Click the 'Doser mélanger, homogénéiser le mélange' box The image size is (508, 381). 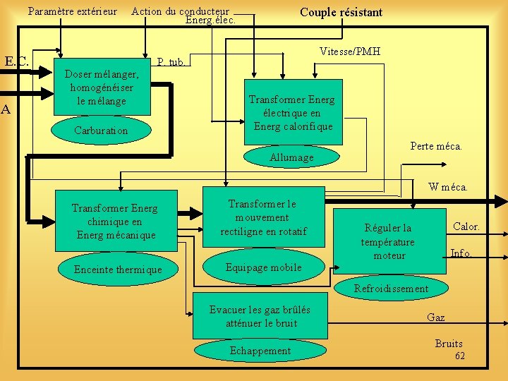pyautogui.click(x=102, y=86)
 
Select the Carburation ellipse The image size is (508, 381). pyautogui.click(x=102, y=131)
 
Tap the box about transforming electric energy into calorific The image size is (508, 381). pyautogui.click(x=291, y=113)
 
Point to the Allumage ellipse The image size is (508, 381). pyautogui.click(x=291, y=157)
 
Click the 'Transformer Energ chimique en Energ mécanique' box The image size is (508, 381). pyautogui.click(x=115, y=222)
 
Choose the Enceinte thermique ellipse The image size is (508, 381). pyautogui.click(x=118, y=270)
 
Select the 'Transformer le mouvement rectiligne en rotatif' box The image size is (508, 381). pyautogui.click(x=263, y=217)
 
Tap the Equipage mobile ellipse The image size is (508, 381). pyautogui.click(x=263, y=267)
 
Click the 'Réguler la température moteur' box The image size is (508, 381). pyautogui.click(x=389, y=241)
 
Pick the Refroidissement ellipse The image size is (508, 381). pyautogui.click(x=391, y=288)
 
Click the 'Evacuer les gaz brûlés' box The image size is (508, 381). pyautogui.click(x=261, y=316)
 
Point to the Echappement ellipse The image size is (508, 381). pyautogui.click(x=260, y=351)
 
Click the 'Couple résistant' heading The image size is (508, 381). pyautogui.click(x=341, y=12)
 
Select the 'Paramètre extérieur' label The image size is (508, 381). pyautogui.click(x=73, y=11)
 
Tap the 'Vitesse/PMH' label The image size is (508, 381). pyautogui.click(x=349, y=52)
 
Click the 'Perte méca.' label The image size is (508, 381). pyautogui.click(x=436, y=146)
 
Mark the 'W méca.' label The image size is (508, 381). pyautogui.click(x=448, y=187)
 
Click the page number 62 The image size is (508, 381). pyautogui.click(x=460, y=356)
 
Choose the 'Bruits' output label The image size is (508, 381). pyautogui.click(x=449, y=344)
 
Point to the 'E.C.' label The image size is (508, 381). pyautogui.click(x=17, y=62)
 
